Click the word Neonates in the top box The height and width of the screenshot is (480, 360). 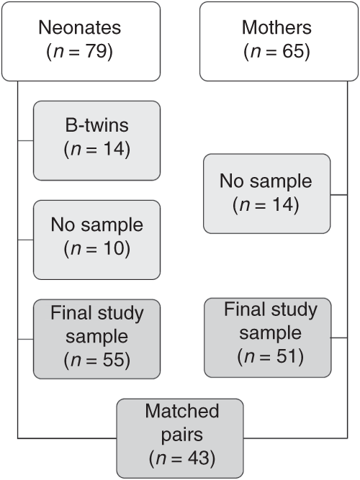pos(81,28)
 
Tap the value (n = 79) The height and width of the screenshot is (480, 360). pos(81,52)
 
